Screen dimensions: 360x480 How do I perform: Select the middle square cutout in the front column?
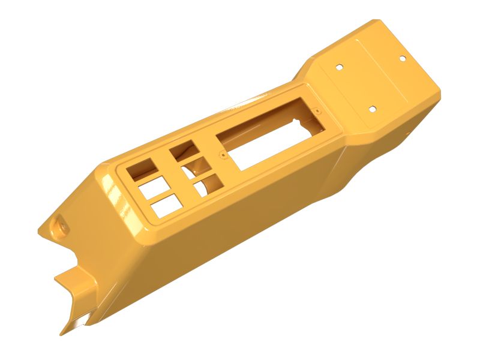coord(152,188)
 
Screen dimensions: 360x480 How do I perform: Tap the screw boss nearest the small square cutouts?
coord(223,155)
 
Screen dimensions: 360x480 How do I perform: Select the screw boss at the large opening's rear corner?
coord(316,112)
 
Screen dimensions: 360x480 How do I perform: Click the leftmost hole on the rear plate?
coord(339,67)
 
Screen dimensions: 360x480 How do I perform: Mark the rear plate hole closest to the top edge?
coord(402,58)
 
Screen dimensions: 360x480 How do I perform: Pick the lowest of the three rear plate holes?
coord(372,109)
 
